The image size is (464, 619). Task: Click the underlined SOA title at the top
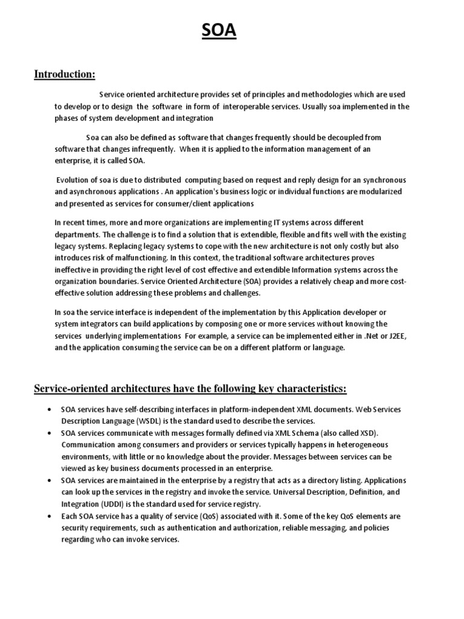click(219, 31)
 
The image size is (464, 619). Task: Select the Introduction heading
click(65, 74)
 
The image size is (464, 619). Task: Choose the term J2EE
click(398, 337)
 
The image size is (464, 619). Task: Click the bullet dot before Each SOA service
click(48, 516)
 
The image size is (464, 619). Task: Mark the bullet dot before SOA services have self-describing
click(48, 410)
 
